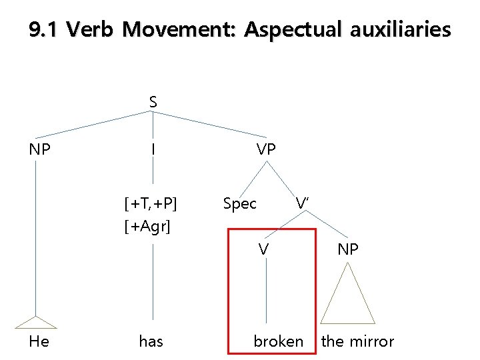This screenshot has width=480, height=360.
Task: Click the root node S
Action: pyautogui.click(x=153, y=102)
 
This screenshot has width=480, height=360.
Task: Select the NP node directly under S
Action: pyautogui.click(x=40, y=149)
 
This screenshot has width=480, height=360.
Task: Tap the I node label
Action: pyautogui.click(x=153, y=149)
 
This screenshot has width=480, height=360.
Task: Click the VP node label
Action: pyautogui.click(x=266, y=149)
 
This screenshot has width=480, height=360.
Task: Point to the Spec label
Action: pyautogui.click(x=239, y=203)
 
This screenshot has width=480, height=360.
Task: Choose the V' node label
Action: pyautogui.click(x=301, y=203)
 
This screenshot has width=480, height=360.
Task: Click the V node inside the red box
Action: pyautogui.click(x=264, y=249)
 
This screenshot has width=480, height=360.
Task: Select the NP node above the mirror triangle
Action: pyautogui.click(x=348, y=249)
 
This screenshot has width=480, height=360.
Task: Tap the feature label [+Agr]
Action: pyautogui.click(x=147, y=227)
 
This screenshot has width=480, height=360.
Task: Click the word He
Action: pyautogui.click(x=39, y=341)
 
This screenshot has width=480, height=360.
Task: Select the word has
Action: pyautogui.click(x=151, y=341)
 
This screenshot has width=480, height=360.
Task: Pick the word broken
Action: pyautogui.click(x=278, y=341)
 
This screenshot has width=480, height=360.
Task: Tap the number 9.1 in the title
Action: pyautogui.click(x=45, y=30)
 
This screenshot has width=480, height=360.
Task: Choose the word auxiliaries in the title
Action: pyautogui.click(x=399, y=30)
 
